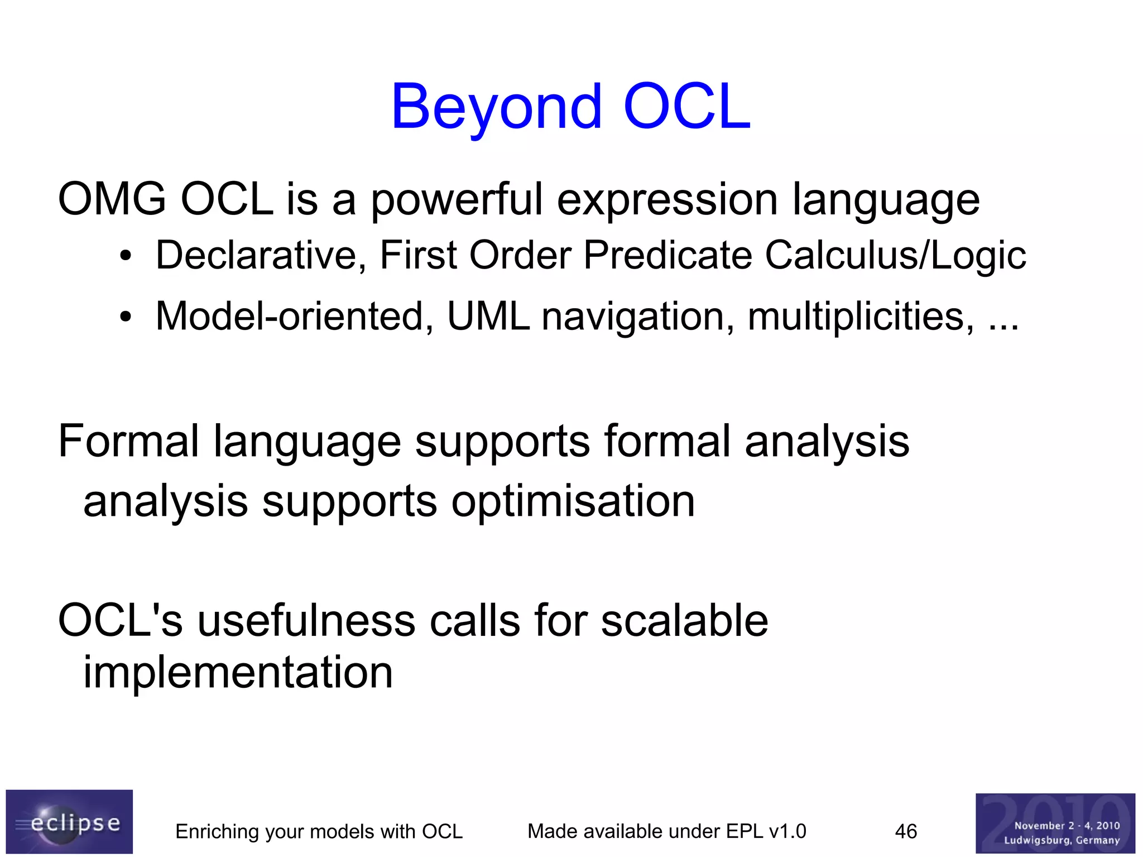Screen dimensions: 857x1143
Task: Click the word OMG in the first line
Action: point(112,199)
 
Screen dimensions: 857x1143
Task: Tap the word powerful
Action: point(457,199)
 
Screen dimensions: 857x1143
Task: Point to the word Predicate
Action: point(667,256)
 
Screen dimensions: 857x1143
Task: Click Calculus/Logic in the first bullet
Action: point(895,256)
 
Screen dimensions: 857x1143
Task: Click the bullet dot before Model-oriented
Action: point(126,317)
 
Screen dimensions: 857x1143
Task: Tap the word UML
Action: point(488,317)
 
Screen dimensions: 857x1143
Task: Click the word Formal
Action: point(128,441)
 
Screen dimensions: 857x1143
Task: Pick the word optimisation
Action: point(573,501)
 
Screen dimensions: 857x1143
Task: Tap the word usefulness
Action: point(306,621)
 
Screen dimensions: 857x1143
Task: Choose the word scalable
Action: point(684,621)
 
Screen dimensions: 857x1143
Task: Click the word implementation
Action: point(238,672)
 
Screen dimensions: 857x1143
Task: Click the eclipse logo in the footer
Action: point(69,821)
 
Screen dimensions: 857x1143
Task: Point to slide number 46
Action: point(906,831)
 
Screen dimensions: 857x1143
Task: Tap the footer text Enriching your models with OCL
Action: point(319,831)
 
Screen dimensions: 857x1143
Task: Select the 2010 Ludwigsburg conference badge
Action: point(1055,823)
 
